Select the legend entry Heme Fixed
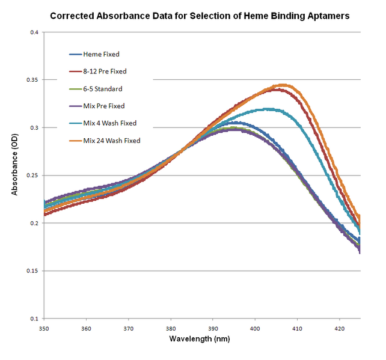click(101, 54)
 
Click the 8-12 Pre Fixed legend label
click(105, 72)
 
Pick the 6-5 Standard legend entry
click(102, 89)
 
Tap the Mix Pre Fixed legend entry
click(103, 106)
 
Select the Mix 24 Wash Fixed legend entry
click(111, 141)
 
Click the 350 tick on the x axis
click(44, 328)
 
